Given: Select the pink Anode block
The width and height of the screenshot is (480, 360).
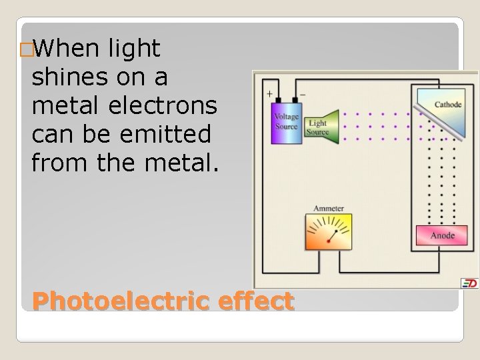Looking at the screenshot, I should pyautogui.click(x=442, y=235).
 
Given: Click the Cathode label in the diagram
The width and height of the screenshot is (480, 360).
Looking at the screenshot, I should pyautogui.click(x=447, y=105).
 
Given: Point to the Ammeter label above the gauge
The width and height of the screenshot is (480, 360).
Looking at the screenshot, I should pyautogui.click(x=329, y=209).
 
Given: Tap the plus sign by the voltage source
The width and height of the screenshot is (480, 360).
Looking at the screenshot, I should pyautogui.click(x=269, y=94).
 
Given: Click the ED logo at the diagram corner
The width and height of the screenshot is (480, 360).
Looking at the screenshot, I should pyautogui.click(x=470, y=283).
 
